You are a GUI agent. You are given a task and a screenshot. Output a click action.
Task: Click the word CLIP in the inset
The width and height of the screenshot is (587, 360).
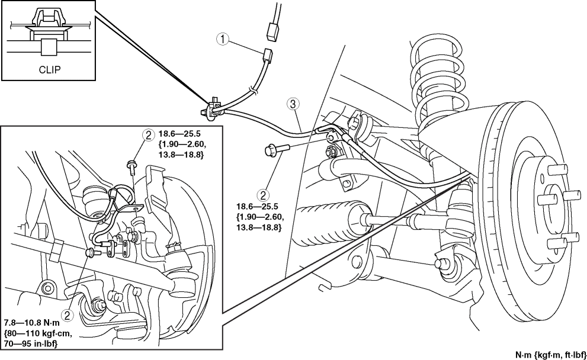(x=49, y=70)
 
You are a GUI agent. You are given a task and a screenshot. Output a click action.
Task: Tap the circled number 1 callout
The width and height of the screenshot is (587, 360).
(x=223, y=39)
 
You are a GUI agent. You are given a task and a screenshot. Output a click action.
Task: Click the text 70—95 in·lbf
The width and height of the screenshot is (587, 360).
(x=31, y=343)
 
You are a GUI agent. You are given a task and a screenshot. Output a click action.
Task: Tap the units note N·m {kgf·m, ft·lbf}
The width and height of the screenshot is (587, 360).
(x=550, y=355)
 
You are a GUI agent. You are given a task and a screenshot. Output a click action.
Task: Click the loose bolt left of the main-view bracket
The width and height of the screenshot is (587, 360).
(x=277, y=150)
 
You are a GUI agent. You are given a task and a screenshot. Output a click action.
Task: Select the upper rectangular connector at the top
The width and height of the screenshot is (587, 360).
(x=272, y=31)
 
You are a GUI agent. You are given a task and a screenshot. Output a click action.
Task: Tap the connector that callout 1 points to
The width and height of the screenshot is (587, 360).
(x=268, y=56)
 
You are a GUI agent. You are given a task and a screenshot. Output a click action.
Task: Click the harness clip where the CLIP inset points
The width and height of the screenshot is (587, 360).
(x=212, y=108)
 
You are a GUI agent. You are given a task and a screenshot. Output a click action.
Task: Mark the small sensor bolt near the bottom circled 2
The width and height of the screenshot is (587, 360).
(x=92, y=253)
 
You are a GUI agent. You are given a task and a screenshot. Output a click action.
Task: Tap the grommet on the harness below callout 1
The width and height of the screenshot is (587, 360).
(x=254, y=91)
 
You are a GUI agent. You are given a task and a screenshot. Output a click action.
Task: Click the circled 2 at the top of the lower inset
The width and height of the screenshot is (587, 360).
(x=148, y=135)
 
